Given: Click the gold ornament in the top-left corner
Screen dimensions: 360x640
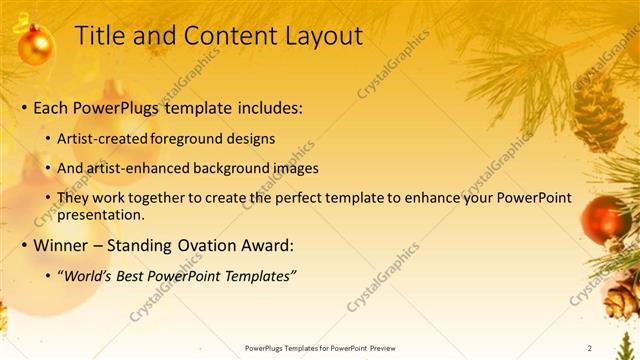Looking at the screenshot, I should click(36, 45).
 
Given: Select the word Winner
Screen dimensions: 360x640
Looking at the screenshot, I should click(62, 244).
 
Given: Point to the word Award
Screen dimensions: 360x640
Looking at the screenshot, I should click(271, 244).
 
